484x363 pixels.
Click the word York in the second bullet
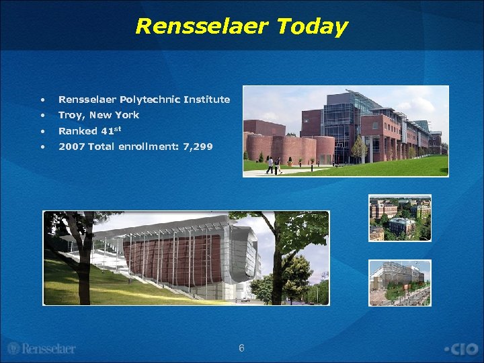pyautogui.click(x=126, y=115)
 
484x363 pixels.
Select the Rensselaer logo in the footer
pyautogui.click(x=42, y=348)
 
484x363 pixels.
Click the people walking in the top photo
pyautogui.click(x=273, y=165)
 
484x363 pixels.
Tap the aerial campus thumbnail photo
pyautogui.click(x=399, y=218)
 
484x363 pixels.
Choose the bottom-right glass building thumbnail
pyautogui.click(x=399, y=282)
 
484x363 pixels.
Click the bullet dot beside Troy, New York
pyautogui.click(x=42, y=116)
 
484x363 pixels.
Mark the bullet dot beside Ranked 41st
pyautogui.click(x=42, y=131)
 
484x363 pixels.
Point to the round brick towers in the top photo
pyautogui.click(x=289, y=149)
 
